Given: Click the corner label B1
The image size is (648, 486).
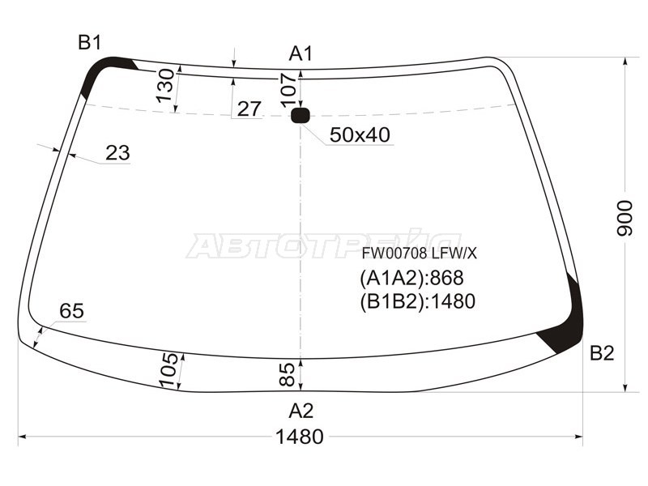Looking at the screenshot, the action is pos(90,42).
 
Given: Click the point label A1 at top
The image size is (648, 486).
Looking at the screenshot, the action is pos(301,53).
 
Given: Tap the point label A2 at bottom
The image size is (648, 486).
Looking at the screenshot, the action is pos(301,411).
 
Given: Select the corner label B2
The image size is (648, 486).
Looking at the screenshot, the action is pos(602,353).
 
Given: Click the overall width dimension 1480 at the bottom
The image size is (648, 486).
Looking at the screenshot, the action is pos(299,437).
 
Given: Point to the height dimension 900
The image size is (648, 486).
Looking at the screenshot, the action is pos(625,218).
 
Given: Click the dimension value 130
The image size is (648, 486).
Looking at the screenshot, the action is pos(165,85).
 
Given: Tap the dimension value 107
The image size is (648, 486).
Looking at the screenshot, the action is pos(288,90).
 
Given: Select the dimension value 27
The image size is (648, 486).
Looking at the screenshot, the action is pos(249,109).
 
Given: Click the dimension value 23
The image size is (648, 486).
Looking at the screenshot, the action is pos(117,153).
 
